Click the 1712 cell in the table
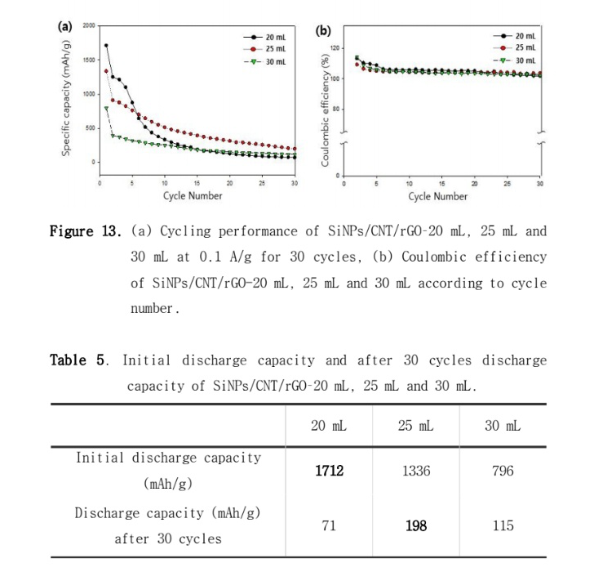[330, 471]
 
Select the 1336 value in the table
[415, 471]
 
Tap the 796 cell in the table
[503, 471]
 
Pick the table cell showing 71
[330, 525]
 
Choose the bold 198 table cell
[415, 525]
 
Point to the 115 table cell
[503, 525]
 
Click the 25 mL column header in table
[415, 426]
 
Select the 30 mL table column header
[503, 426]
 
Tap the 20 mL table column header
[330, 426]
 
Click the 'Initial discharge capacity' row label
[168, 470]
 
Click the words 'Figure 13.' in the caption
[85, 231]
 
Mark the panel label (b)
[323, 31]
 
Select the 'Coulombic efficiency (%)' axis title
[324, 109]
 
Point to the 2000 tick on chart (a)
[89, 26]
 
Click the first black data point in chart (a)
[106, 46]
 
